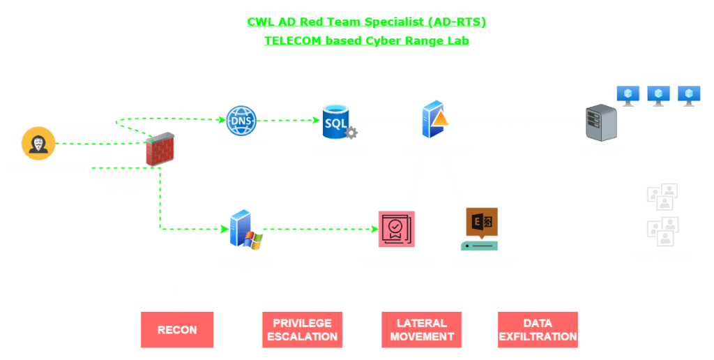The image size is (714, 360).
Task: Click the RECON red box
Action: [x=176, y=329]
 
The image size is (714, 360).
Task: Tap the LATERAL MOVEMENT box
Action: [x=421, y=329]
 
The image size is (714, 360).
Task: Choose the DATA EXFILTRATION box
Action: [x=538, y=329]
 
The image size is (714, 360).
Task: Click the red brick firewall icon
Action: [x=159, y=149]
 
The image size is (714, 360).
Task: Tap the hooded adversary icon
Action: [x=38, y=144]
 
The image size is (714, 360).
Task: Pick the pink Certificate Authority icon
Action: [x=396, y=229]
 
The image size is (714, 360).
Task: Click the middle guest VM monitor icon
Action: [x=658, y=96]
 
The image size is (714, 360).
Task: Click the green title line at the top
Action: [x=366, y=22]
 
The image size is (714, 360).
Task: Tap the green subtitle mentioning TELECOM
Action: [x=366, y=40]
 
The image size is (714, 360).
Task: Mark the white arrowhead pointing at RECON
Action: [x=176, y=308]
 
